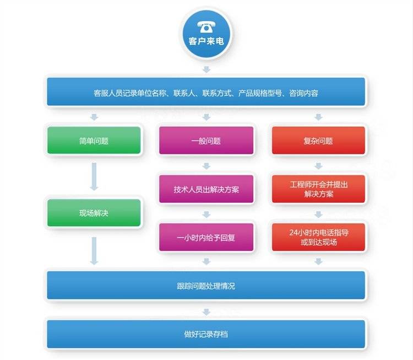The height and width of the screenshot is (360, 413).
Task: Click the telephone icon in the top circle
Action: tap(206, 27)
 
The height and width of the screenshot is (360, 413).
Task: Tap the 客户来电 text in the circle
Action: tap(206, 41)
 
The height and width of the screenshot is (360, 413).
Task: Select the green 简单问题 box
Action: tap(94, 141)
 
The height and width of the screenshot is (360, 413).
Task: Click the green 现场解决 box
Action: tap(94, 213)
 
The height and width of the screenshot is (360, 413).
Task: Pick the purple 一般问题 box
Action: tap(206, 141)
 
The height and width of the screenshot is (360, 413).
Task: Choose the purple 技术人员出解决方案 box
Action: tap(206, 189)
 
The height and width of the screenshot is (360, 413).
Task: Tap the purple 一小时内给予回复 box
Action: tap(206, 237)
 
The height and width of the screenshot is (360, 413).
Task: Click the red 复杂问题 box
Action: tap(318, 141)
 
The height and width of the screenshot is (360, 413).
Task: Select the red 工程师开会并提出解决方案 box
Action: tap(318, 189)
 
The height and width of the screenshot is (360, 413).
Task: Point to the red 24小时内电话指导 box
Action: tap(318, 237)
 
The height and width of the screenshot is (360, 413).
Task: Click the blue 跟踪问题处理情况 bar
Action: tap(206, 285)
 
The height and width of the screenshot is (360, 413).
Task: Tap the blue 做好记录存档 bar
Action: tap(206, 334)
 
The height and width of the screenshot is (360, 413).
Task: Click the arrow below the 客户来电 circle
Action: tap(206, 69)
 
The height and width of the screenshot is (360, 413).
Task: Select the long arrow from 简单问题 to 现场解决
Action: tap(94, 176)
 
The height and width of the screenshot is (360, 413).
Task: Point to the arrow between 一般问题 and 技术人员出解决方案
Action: tap(206, 166)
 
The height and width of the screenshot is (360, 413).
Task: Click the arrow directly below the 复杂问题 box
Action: tap(319, 166)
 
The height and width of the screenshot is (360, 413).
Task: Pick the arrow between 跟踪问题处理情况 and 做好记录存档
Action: tap(206, 312)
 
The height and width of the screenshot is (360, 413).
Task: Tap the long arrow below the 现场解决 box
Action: tap(94, 251)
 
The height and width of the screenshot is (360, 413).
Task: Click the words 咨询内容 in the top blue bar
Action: tap(303, 93)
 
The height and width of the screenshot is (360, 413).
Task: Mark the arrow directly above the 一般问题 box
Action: tap(206, 117)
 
